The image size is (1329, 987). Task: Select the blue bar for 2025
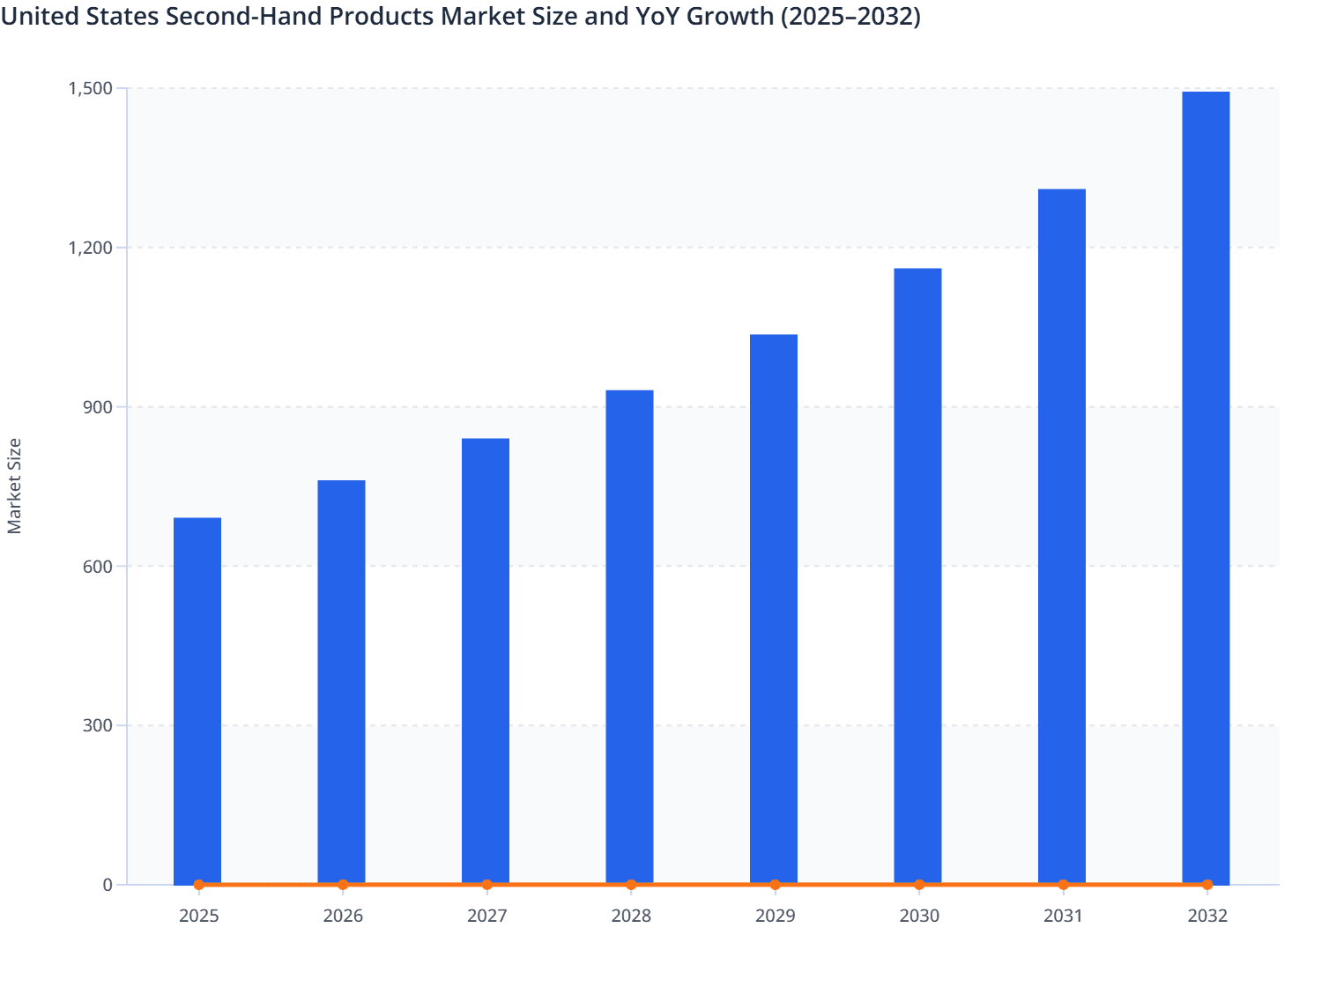pos(197,701)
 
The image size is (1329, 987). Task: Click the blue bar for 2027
pos(486,661)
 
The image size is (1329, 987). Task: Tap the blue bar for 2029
pos(774,609)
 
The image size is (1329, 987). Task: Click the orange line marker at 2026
pos(343,885)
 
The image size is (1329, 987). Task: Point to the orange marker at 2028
pos(631,885)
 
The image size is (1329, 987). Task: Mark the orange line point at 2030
pos(919,885)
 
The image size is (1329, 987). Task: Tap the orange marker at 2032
pos(1207,885)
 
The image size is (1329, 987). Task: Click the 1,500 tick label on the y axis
pos(90,88)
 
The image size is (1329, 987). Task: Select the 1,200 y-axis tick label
pos(90,248)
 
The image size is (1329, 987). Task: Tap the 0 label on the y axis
pos(108,885)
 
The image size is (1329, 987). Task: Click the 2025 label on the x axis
pos(199,916)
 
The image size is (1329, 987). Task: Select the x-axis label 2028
pos(631,916)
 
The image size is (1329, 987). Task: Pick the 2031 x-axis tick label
pos(1063,916)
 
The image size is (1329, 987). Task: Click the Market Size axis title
pos(14,486)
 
